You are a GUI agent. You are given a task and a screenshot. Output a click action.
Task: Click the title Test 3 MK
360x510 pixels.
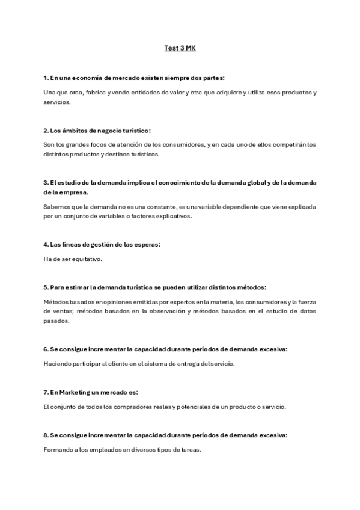tap(180, 48)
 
